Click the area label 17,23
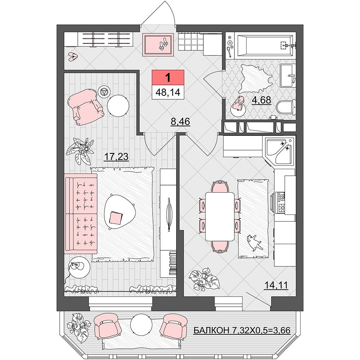[116, 157]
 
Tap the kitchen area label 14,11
[276, 285]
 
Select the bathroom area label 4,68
[261, 100]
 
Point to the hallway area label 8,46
[180, 122]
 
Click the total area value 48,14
[168, 92]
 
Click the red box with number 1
[168, 78]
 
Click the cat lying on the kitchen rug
[254, 242]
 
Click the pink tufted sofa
[81, 214]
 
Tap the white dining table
[220, 217]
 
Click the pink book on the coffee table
[116, 218]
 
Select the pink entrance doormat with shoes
[158, 45]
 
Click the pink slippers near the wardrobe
[73, 56]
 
